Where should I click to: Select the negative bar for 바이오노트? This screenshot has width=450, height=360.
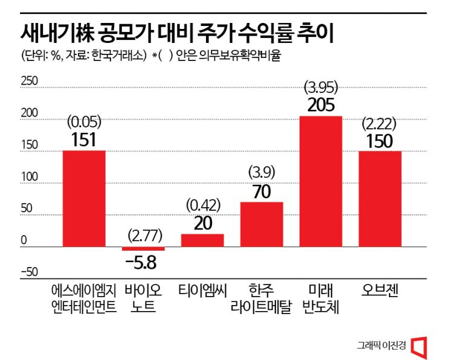(143, 249)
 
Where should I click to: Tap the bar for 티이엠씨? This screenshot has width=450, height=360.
(202, 240)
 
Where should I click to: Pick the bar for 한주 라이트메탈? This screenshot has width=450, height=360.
(262, 224)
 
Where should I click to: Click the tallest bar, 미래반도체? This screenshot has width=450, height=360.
(321, 181)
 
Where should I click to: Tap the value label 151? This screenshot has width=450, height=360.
(84, 140)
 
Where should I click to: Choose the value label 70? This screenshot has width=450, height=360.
(262, 191)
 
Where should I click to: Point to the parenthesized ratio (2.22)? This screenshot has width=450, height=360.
(379, 123)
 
